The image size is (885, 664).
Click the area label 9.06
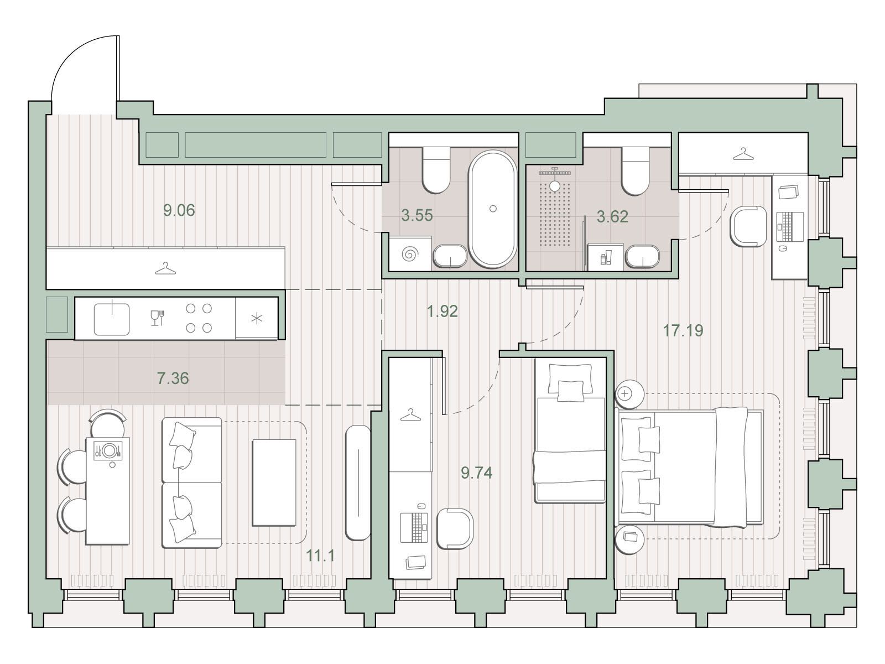click(x=179, y=210)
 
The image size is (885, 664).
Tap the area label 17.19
click(x=683, y=330)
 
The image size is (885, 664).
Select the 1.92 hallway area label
click(x=442, y=311)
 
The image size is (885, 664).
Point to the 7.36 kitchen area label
click(x=173, y=378)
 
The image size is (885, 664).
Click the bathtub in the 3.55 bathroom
click(x=492, y=209)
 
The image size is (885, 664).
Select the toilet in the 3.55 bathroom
click(x=436, y=170)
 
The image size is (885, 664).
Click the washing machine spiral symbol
click(x=410, y=255)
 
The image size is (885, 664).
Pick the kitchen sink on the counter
click(x=112, y=319)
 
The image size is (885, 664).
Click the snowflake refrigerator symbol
click(x=257, y=319)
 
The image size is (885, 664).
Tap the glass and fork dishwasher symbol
click(x=157, y=318)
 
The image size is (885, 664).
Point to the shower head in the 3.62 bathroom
click(x=555, y=180)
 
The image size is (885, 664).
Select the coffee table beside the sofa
click(x=274, y=483)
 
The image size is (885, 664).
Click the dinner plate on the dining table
click(x=109, y=450)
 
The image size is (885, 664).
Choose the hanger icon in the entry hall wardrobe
click(x=165, y=268)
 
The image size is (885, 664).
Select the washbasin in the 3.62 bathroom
click(x=642, y=256)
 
